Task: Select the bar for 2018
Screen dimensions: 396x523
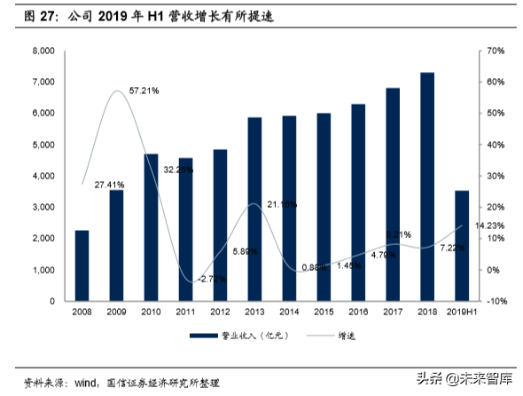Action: pyautogui.click(x=426, y=186)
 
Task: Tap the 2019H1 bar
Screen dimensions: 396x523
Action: pyautogui.click(x=461, y=246)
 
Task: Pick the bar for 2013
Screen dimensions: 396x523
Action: pyautogui.click(x=254, y=209)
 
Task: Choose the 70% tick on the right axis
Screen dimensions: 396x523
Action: pyautogui.click(x=495, y=51)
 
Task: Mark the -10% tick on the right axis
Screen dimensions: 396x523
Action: pyautogui.click(x=495, y=301)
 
